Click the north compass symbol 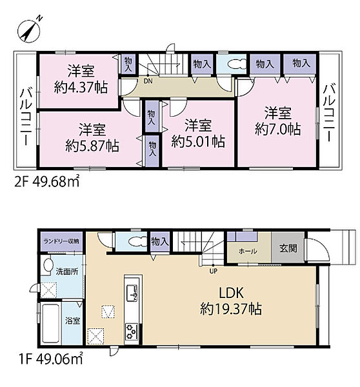(29, 31)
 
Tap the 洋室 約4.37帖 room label (81, 79)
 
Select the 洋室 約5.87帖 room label (92, 137)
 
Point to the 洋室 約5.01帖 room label (198, 134)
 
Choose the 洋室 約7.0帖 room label (278, 121)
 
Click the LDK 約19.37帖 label (231, 301)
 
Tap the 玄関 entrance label (288, 248)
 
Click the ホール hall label (248, 252)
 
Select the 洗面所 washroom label (66, 272)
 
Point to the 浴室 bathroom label (73, 321)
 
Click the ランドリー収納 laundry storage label (61, 241)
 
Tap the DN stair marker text (148, 81)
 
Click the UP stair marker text (214, 271)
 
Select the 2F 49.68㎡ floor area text (47, 181)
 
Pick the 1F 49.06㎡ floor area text (50, 359)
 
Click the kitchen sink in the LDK (132, 293)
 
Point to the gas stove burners (132, 331)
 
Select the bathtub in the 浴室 (51, 323)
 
